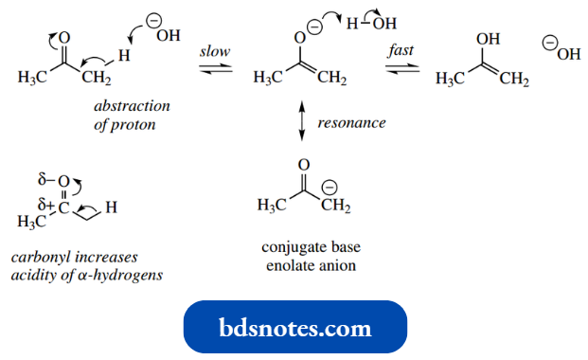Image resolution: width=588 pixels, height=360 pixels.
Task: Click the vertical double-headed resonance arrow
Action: (x=301, y=123)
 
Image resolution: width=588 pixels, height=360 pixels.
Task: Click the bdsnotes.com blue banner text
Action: (x=294, y=328)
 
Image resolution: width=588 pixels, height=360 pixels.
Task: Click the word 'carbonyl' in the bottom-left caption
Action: (x=38, y=258)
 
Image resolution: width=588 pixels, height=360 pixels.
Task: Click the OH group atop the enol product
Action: (x=488, y=40)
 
